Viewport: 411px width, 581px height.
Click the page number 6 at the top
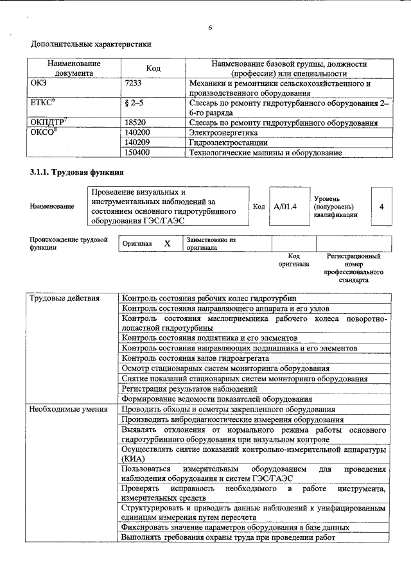(x=210, y=27)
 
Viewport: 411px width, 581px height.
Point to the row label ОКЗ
(x=39, y=83)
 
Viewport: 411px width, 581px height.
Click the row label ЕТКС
(x=42, y=102)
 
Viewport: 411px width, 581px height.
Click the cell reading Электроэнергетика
(x=219, y=132)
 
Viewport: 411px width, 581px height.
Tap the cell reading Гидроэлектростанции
(x=223, y=143)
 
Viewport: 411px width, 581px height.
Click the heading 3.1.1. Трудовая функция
(x=76, y=173)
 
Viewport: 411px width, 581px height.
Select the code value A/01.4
(x=284, y=207)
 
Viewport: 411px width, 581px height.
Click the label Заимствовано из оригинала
(x=211, y=243)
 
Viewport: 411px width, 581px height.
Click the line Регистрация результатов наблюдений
(x=189, y=388)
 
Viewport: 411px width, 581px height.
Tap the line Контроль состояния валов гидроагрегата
(x=195, y=358)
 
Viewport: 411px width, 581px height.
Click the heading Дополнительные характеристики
(x=92, y=45)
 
